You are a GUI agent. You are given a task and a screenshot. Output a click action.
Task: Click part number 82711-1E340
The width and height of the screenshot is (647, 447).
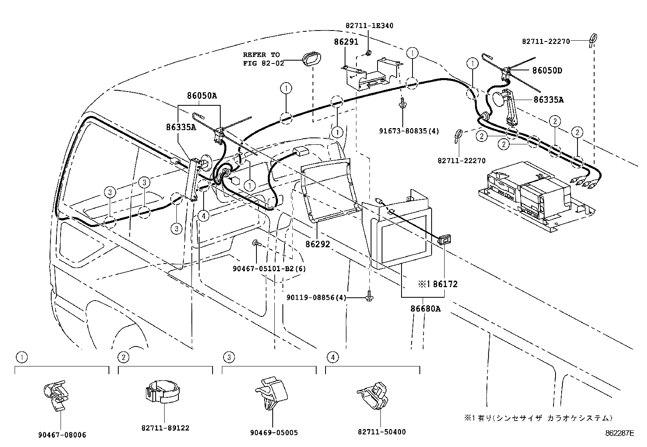(369, 26)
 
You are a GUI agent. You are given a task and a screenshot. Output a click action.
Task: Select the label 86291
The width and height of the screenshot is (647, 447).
(346, 42)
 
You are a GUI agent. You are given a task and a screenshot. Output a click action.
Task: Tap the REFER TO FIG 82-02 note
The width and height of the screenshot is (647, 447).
(261, 59)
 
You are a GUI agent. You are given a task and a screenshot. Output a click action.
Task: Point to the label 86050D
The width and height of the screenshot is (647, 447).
(547, 71)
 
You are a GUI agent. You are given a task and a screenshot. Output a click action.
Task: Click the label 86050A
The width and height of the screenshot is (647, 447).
(202, 96)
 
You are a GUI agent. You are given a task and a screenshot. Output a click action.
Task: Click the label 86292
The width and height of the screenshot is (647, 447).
(318, 244)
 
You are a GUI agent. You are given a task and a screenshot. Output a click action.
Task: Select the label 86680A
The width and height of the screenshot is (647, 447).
(425, 309)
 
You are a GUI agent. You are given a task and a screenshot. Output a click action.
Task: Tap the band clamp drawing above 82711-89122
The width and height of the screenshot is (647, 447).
(163, 392)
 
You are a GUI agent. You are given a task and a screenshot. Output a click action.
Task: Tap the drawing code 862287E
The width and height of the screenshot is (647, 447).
(619, 434)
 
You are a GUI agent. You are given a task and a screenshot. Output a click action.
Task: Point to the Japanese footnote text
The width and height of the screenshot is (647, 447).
(538, 418)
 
